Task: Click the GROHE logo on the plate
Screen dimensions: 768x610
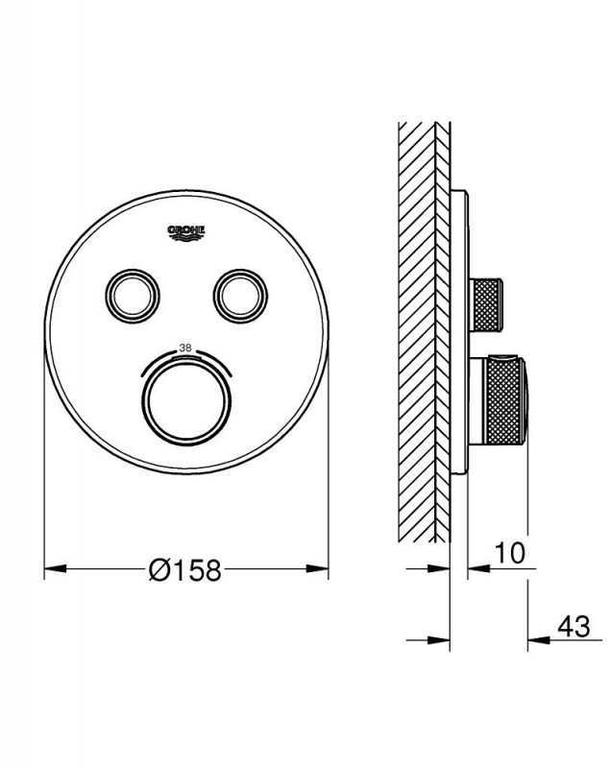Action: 186,232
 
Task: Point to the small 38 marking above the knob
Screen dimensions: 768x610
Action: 186,348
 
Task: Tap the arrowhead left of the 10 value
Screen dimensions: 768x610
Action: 475,570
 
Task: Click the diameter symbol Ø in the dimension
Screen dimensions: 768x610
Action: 159,570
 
